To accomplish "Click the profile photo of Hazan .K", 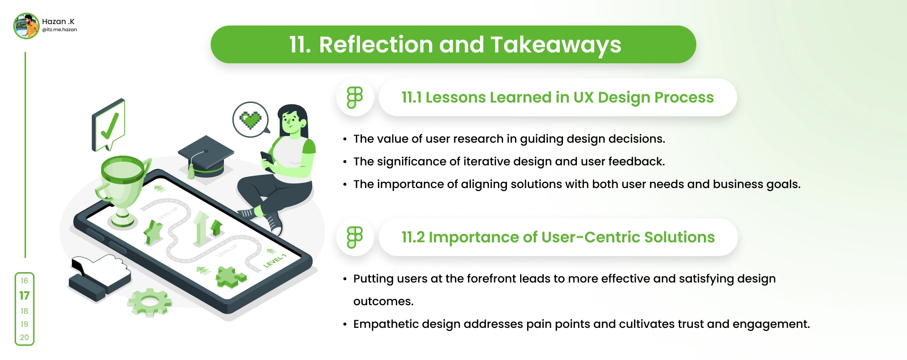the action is pyautogui.click(x=26, y=26).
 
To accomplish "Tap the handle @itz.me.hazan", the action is pyautogui.click(x=60, y=30).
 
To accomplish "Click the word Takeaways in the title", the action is pyautogui.click(x=556, y=45).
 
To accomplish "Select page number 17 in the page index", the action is pyautogui.click(x=25, y=296).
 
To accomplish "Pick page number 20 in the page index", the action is pyautogui.click(x=25, y=337).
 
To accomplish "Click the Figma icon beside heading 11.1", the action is pyautogui.click(x=355, y=97).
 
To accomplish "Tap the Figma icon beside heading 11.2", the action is pyautogui.click(x=355, y=237).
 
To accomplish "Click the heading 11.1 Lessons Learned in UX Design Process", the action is pyautogui.click(x=557, y=97).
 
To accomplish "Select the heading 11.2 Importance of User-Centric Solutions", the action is pyautogui.click(x=558, y=237).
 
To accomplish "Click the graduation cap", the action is pyautogui.click(x=205, y=156).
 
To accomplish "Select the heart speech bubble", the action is pyautogui.click(x=251, y=120).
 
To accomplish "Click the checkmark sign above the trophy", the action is pyautogui.click(x=109, y=125).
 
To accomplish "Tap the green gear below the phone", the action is pyautogui.click(x=149, y=302).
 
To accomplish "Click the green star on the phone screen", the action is pyautogui.click(x=153, y=232).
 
